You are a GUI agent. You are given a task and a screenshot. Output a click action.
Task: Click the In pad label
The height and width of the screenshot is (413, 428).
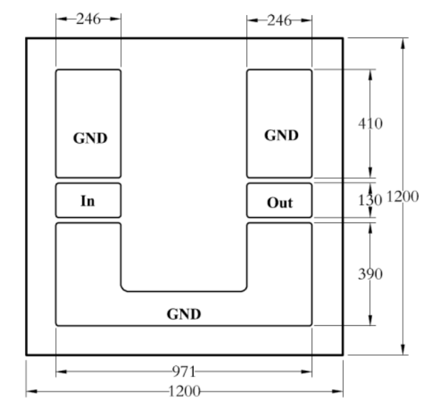pos(88,201)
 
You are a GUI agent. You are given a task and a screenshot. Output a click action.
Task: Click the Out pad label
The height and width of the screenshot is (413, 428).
pos(280,203)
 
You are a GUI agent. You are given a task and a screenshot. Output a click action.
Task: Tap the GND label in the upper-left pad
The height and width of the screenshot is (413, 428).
pos(90,138)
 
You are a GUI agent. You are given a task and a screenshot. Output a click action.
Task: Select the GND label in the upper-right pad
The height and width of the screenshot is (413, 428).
pos(282,135)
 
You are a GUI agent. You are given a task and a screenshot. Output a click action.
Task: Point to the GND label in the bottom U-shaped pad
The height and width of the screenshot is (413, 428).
pos(184,314)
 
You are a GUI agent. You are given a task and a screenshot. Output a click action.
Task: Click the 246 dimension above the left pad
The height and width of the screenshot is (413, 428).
pos(88,19)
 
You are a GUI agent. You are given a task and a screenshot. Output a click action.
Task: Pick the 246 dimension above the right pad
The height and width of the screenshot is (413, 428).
pos(279,20)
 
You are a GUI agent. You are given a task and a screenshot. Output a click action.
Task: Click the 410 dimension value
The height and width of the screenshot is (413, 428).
pos(370,124)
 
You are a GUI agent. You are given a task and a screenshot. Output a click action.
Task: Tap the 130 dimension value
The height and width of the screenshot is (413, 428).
pos(370,200)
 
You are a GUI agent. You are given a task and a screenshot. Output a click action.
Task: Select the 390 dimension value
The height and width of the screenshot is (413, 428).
pos(370,274)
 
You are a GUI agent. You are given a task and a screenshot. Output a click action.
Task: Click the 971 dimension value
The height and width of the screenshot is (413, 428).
pos(184,371)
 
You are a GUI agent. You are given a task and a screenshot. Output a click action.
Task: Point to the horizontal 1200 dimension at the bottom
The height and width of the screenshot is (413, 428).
pos(184,391)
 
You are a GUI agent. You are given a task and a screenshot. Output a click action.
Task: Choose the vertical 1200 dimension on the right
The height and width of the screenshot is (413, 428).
pos(403,196)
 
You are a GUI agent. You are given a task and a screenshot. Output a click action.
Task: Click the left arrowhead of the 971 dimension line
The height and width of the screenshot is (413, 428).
pos(61,371)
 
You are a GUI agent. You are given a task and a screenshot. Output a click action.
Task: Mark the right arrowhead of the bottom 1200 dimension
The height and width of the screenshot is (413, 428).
pos(338,391)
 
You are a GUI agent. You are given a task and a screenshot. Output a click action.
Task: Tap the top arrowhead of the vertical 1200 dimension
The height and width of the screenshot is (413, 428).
pos(403,44)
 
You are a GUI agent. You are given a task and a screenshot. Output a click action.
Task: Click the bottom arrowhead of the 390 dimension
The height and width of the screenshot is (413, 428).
pos(370,320)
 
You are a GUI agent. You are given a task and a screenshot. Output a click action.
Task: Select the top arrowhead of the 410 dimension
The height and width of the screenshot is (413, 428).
pos(370,75)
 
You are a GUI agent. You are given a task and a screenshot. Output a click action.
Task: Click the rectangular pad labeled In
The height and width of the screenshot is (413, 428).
pos(88,200)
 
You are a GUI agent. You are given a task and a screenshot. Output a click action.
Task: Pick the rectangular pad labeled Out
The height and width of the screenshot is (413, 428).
pos(279,200)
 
